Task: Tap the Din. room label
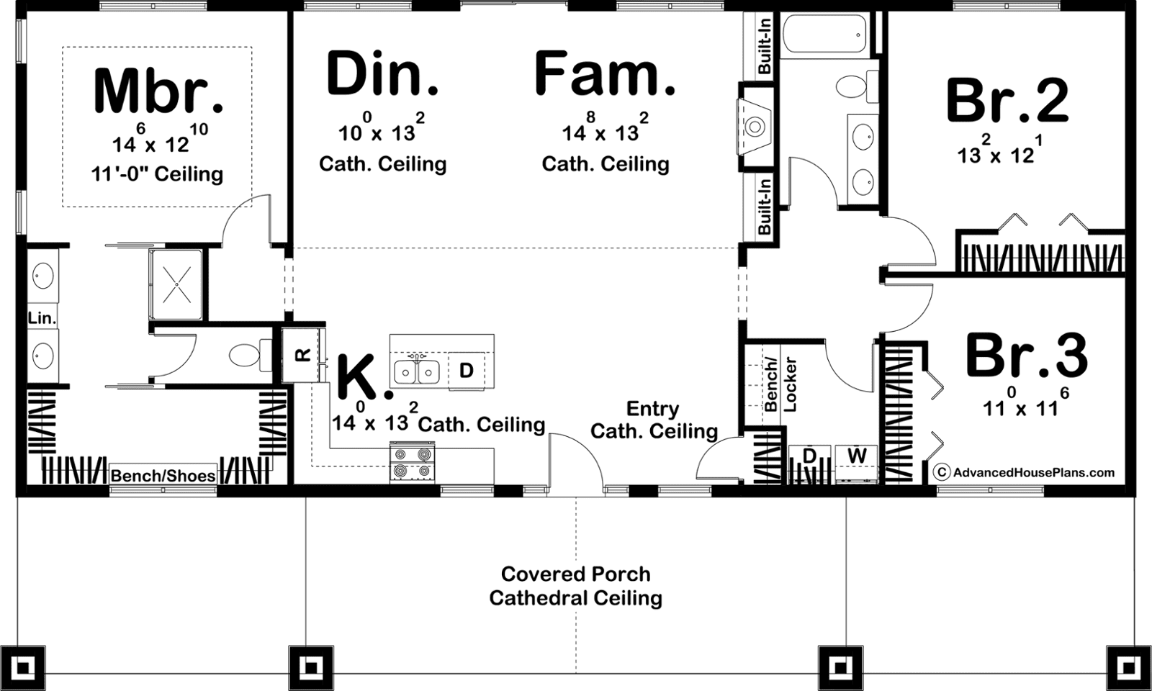point(382,73)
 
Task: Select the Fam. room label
point(605,72)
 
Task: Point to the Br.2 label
point(1007,100)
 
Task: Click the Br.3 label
point(1027,356)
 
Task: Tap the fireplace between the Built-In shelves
point(755,127)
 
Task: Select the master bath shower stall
point(176,284)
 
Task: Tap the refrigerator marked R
point(303,355)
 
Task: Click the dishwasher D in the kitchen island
point(466,370)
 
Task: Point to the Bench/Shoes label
point(163,476)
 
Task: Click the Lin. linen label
point(42,317)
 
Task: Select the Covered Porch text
point(575,574)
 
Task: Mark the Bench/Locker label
point(780,384)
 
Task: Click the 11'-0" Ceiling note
point(158,174)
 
